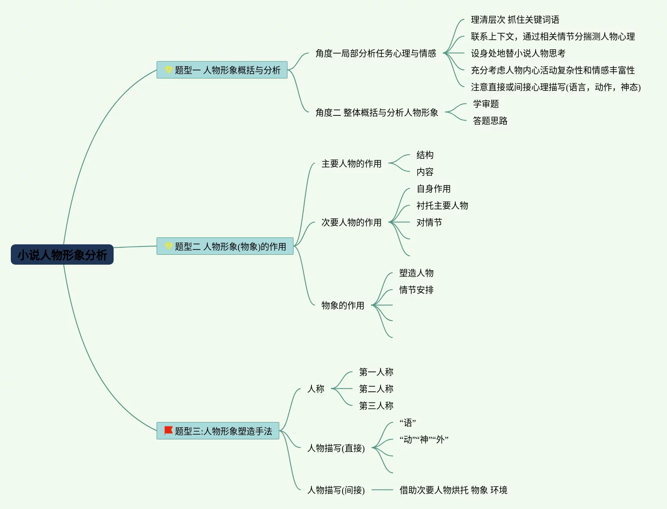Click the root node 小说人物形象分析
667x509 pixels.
[62, 255]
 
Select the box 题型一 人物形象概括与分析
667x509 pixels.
[222, 70]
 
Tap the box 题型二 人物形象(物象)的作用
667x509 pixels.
[225, 246]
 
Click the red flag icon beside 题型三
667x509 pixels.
[168, 431]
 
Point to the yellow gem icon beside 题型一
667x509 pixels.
[168, 70]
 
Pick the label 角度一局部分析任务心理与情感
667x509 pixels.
[375, 53]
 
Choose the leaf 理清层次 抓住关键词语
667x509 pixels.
[515, 19]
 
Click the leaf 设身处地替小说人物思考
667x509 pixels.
[518, 53]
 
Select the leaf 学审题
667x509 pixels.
[486, 104]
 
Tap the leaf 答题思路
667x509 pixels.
[490, 121]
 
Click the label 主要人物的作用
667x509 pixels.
[351, 163]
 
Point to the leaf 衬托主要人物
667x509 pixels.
[442, 205]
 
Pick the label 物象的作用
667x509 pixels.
[343, 305]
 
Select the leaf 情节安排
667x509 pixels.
[416, 290]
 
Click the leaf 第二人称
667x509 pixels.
[376, 389]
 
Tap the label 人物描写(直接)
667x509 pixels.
[336, 448]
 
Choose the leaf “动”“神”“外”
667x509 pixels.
[424, 439]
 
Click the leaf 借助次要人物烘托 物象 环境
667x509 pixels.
[453, 490]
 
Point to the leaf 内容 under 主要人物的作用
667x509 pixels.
[425, 172]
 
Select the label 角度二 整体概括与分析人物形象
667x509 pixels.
[376, 112]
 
